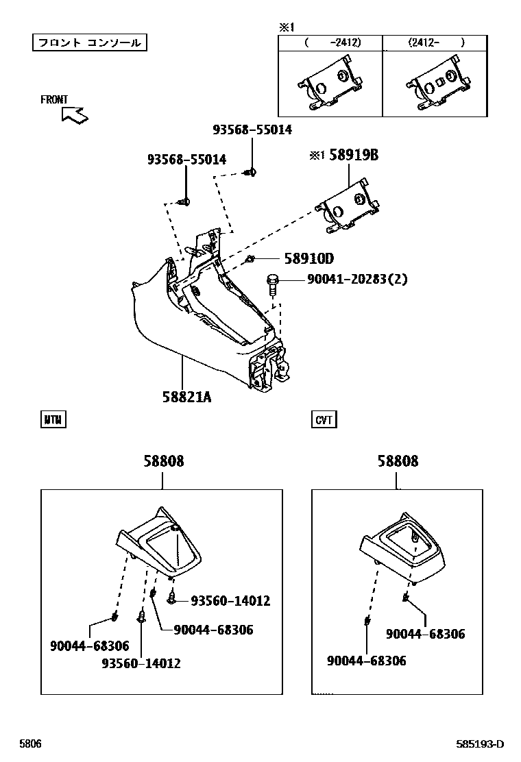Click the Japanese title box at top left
[90, 42]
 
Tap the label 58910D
[308, 258]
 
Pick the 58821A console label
[186, 396]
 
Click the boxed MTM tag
[53, 419]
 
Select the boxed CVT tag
[324, 419]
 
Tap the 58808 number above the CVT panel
[397, 461]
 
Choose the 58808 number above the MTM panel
[163, 461]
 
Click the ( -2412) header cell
[330, 42]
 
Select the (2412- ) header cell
[436, 42]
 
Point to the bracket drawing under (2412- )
[436, 86]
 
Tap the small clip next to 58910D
[251, 259]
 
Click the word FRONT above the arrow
[54, 99]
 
